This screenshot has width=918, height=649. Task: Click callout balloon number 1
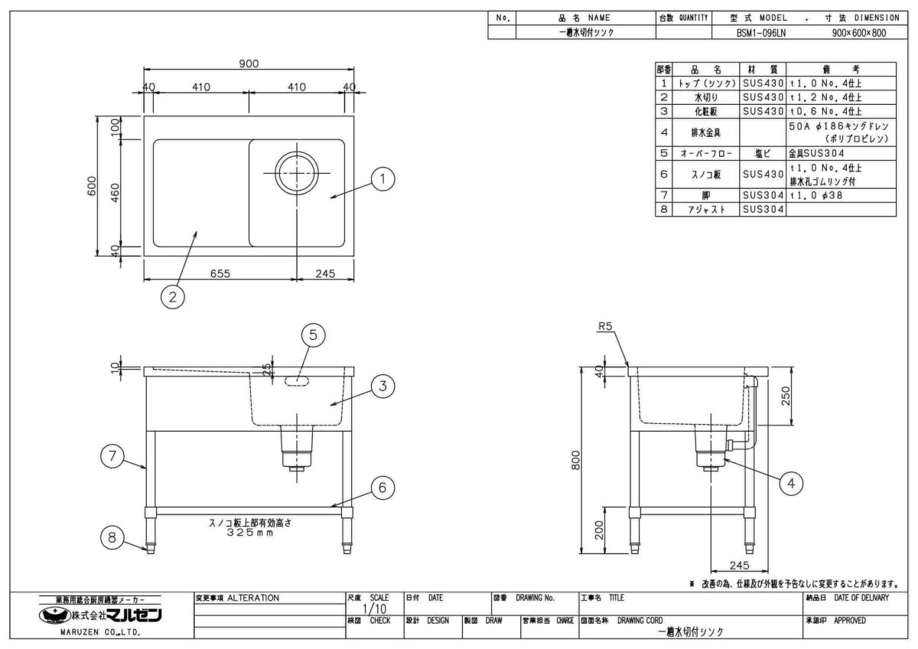pyautogui.click(x=383, y=179)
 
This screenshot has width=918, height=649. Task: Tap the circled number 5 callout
pyautogui.click(x=312, y=334)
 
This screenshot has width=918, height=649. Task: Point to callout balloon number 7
pyautogui.click(x=112, y=457)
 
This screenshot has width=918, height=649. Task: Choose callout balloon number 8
pyautogui.click(x=112, y=538)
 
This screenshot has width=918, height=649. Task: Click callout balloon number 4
pyautogui.click(x=792, y=482)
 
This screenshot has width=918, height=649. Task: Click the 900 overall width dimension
pyautogui.click(x=249, y=64)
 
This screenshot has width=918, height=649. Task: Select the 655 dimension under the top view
pyautogui.click(x=221, y=273)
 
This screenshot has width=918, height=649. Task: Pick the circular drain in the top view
pyautogui.click(x=296, y=172)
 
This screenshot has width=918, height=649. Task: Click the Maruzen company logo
pyautogui.click(x=103, y=615)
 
